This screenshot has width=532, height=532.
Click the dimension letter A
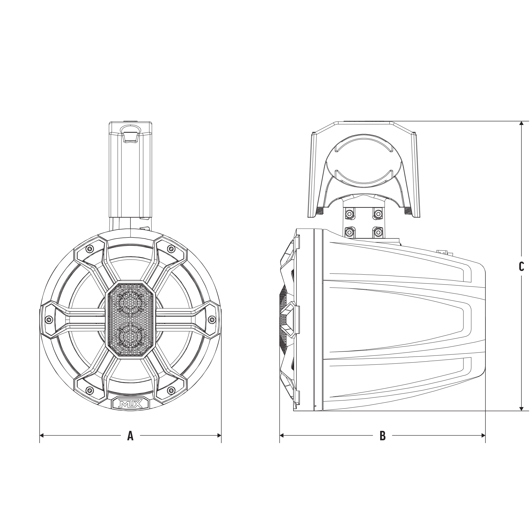(130, 436)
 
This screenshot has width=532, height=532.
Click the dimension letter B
(382, 436)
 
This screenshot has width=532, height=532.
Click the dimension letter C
(521, 266)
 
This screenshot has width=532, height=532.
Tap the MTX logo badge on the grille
(131, 403)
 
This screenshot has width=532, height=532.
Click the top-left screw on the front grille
(89, 249)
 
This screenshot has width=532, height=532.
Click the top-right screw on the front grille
(171, 249)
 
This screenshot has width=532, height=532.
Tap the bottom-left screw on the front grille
(89, 390)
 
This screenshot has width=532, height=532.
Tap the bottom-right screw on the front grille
(171, 390)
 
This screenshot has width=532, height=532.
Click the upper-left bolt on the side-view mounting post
(349, 214)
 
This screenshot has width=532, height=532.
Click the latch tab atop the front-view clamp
(130, 136)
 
